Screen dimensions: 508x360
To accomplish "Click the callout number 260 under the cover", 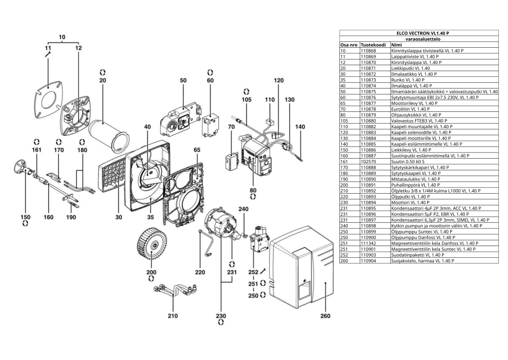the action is point(325,316).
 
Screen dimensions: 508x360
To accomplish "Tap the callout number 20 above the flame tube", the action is point(103,80).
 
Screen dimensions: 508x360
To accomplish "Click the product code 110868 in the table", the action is point(368,51).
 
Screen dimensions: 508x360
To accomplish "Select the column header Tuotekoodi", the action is point(373,45).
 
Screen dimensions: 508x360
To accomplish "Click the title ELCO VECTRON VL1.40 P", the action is point(423,33).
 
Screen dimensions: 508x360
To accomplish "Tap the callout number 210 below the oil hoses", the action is point(173,316).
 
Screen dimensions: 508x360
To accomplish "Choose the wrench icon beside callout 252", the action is point(263,271).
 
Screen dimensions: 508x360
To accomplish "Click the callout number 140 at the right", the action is point(300,127).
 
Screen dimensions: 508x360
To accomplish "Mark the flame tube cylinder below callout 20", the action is point(109,136).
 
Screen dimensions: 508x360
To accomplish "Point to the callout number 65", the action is point(197,150).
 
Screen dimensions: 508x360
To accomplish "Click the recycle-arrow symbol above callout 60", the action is point(210,72).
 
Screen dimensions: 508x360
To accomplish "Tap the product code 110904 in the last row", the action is point(368,261).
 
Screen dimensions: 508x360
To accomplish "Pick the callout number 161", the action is point(37,150).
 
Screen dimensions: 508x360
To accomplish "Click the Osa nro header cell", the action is point(349,45).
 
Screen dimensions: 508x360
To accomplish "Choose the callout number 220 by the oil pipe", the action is point(200,273).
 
